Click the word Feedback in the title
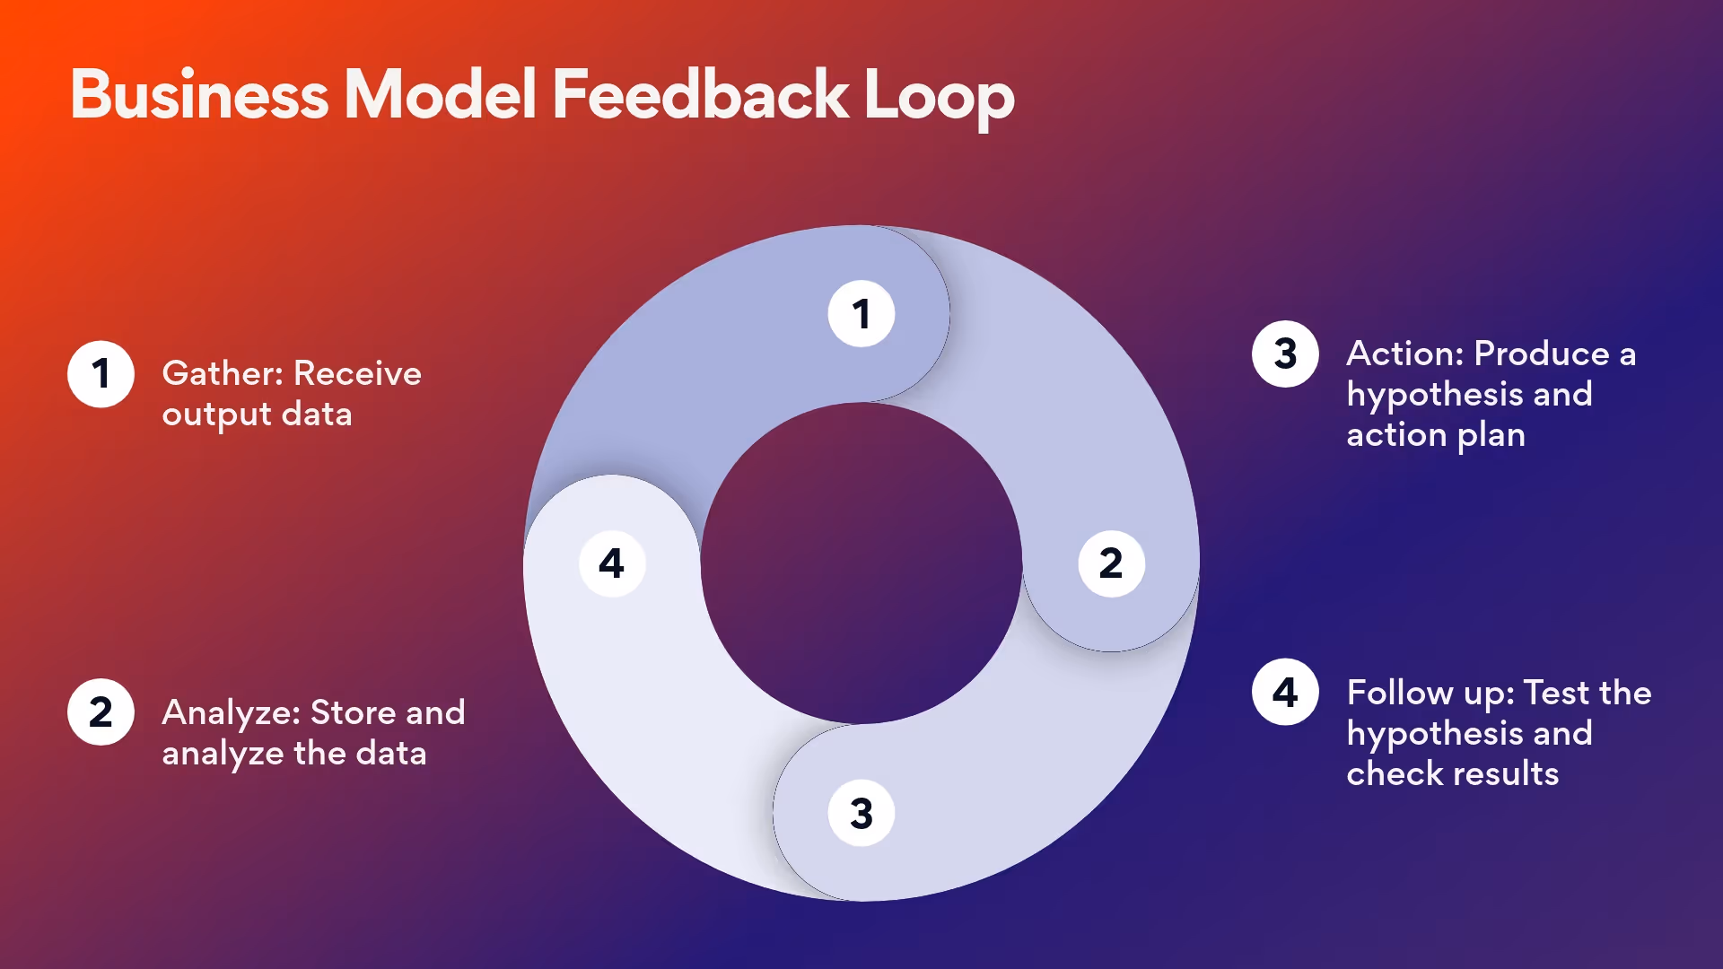[x=700, y=94]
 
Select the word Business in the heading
[x=199, y=94]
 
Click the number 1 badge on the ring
[x=861, y=314]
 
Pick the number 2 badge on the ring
[x=1111, y=563]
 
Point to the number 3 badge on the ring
[x=861, y=813]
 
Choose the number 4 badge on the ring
[x=612, y=563]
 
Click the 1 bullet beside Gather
[x=101, y=374]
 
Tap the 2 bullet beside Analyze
[x=101, y=712]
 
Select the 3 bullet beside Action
[x=1285, y=354]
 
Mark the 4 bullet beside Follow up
[x=1285, y=693]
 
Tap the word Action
[x=1405, y=354]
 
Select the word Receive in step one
[x=357, y=373]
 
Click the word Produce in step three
[x=1542, y=354]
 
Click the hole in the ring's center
[x=861, y=563]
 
